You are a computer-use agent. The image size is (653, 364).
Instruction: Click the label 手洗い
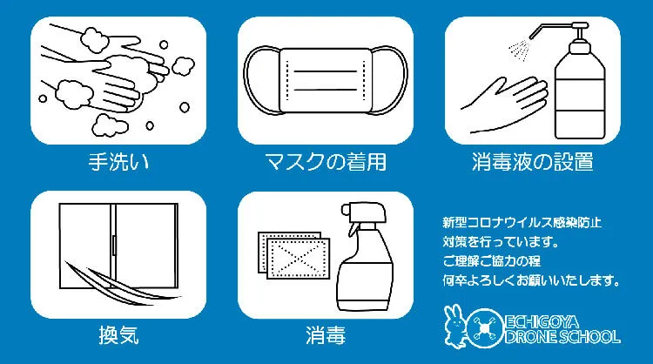pos(118,162)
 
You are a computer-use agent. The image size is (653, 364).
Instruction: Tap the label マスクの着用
pos(326,162)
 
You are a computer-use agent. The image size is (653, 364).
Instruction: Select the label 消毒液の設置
pos(533,162)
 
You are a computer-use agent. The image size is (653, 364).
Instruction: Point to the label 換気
pos(118,335)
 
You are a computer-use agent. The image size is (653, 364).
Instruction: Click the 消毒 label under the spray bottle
pos(326,335)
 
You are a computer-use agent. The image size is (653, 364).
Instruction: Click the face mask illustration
pos(326,81)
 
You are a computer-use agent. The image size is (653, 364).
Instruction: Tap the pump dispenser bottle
pos(580,84)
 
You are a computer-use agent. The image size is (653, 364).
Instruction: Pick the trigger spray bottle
pos(365,256)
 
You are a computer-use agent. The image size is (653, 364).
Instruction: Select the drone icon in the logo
pos(484,328)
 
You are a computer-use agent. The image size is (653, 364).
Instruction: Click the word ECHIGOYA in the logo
pos(542,322)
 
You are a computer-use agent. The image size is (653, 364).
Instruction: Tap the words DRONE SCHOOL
pos(562,336)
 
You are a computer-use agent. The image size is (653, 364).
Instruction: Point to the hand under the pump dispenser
pos(505,104)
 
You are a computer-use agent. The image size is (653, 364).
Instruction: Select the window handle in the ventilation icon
pos(114,245)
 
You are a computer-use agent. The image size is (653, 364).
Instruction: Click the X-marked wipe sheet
pos(298,259)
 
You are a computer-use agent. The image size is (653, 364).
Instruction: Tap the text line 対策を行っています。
pos(501,241)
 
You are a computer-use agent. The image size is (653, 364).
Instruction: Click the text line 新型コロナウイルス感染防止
pos(522,222)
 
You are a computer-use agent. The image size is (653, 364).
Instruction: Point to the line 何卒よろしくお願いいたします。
pos(531,280)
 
